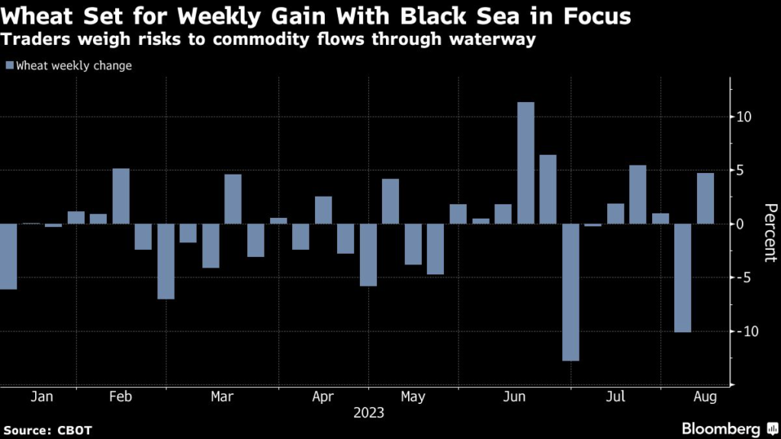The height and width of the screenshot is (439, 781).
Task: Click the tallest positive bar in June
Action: [x=525, y=163]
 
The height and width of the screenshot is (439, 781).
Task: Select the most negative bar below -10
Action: [x=570, y=292]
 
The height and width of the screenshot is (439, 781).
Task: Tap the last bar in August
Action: [x=705, y=198]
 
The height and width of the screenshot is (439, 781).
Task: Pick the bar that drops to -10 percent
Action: [x=683, y=277]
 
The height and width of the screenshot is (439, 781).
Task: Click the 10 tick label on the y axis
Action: [x=744, y=117]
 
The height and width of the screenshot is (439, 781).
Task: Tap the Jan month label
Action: [x=42, y=397]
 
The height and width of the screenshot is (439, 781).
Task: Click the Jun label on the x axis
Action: [x=515, y=397]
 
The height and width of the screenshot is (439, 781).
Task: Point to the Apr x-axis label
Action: [x=323, y=397]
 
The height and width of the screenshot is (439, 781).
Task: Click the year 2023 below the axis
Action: [x=369, y=413]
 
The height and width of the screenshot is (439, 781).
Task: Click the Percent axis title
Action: [x=770, y=232]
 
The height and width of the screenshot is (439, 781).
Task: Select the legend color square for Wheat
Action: [x=9, y=66]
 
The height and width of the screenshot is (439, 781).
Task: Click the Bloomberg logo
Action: [x=728, y=428]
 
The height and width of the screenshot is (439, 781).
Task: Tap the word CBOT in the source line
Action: [x=75, y=431]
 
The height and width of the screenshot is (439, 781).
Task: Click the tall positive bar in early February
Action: [x=121, y=196]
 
